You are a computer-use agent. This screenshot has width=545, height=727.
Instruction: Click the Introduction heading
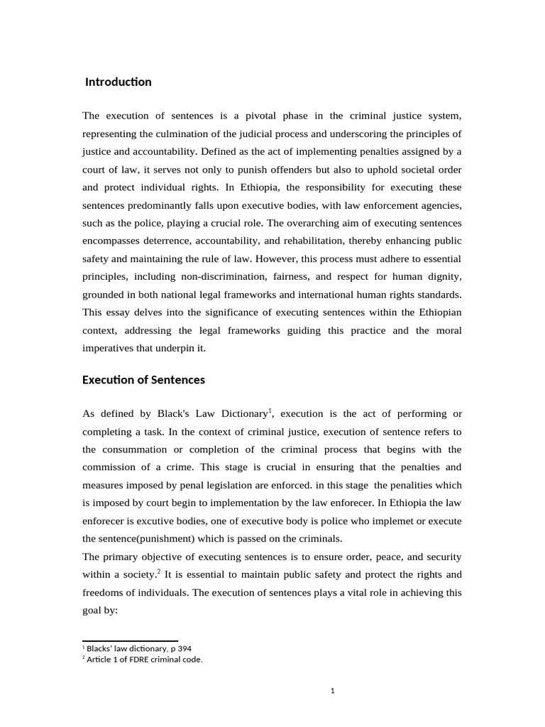coord(118,82)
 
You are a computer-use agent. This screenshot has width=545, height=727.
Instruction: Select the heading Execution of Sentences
coord(143,380)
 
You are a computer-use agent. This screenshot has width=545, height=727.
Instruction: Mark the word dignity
coord(445,277)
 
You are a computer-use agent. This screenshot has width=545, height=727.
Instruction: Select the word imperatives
coord(109,349)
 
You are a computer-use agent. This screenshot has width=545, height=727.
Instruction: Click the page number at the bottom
coord(332,691)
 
